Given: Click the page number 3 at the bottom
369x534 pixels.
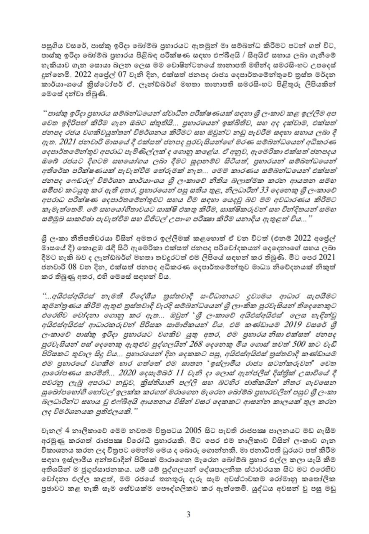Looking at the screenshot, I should [x=188, y=514].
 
